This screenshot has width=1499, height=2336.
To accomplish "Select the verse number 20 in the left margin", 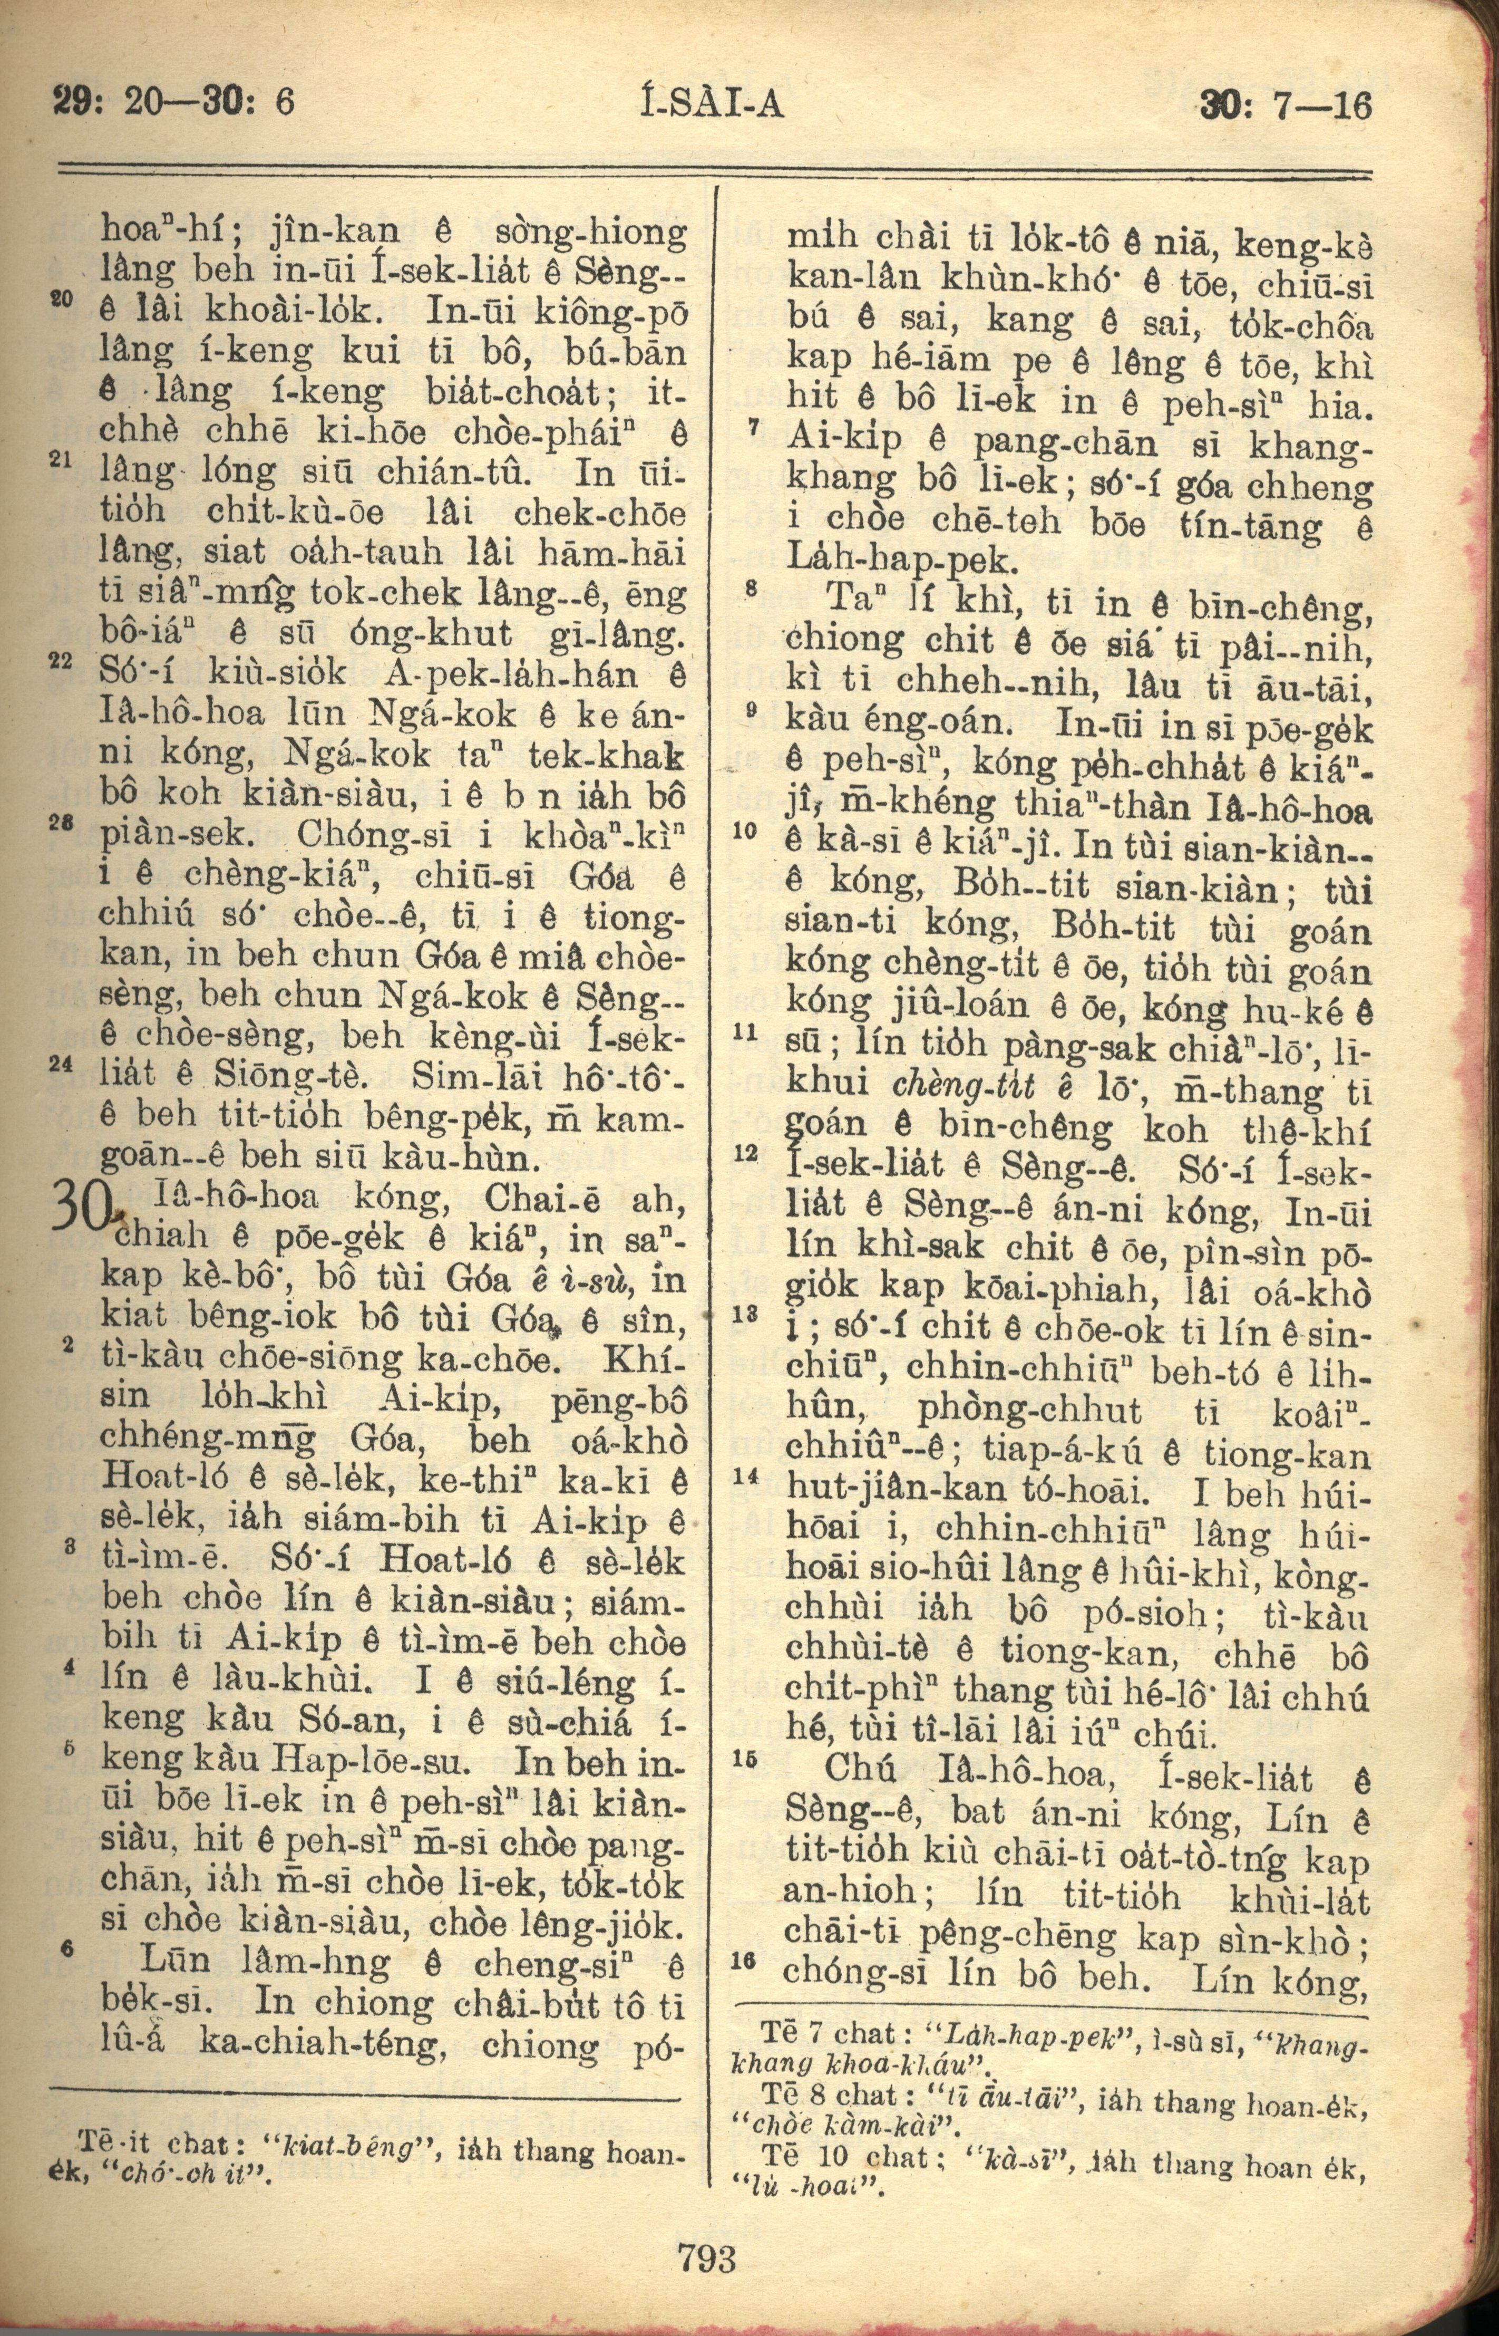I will coord(60,302).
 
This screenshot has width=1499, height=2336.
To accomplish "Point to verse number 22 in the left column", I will coord(60,659).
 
